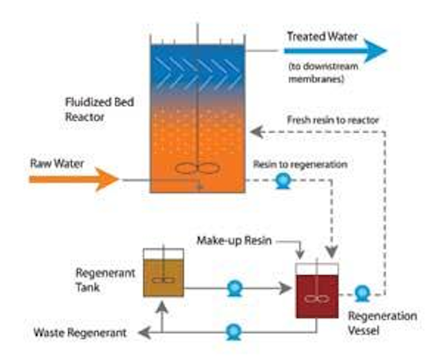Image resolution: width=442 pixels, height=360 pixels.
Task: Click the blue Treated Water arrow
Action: click(336, 50)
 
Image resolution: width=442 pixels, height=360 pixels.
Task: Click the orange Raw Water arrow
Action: click(74, 179)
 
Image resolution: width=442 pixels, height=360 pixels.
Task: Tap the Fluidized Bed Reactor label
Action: click(99, 109)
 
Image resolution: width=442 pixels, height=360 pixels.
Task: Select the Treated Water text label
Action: click(323, 37)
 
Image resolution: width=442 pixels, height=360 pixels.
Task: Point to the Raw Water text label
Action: click(57, 164)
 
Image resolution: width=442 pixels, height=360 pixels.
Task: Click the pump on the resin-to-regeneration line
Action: click(283, 181)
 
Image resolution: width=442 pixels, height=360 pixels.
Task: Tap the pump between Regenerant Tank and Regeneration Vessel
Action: click(235, 288)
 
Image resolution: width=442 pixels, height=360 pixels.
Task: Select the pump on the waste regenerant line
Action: click(234, 332)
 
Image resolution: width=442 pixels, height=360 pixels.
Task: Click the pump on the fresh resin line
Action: click(362, 294)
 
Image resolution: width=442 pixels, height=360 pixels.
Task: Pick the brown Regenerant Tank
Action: click(164, 272)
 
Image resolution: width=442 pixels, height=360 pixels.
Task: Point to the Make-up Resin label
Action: click(234, 240)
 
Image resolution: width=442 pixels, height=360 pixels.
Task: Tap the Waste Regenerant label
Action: click(80, 332)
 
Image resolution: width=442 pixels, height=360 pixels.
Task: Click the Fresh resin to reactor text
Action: click(333, 120)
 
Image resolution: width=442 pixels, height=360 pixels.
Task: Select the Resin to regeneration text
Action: click(300, 164)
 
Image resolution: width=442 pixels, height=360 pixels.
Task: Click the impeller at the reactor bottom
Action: click(198, 169)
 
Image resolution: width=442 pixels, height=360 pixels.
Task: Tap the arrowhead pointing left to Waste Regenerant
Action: click(144, 332)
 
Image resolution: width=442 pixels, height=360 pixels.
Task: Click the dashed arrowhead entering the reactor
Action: click(256, 132)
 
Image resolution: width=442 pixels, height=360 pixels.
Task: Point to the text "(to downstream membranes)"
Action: click(323, 73)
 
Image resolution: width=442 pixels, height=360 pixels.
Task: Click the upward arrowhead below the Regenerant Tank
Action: click(162, 307)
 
